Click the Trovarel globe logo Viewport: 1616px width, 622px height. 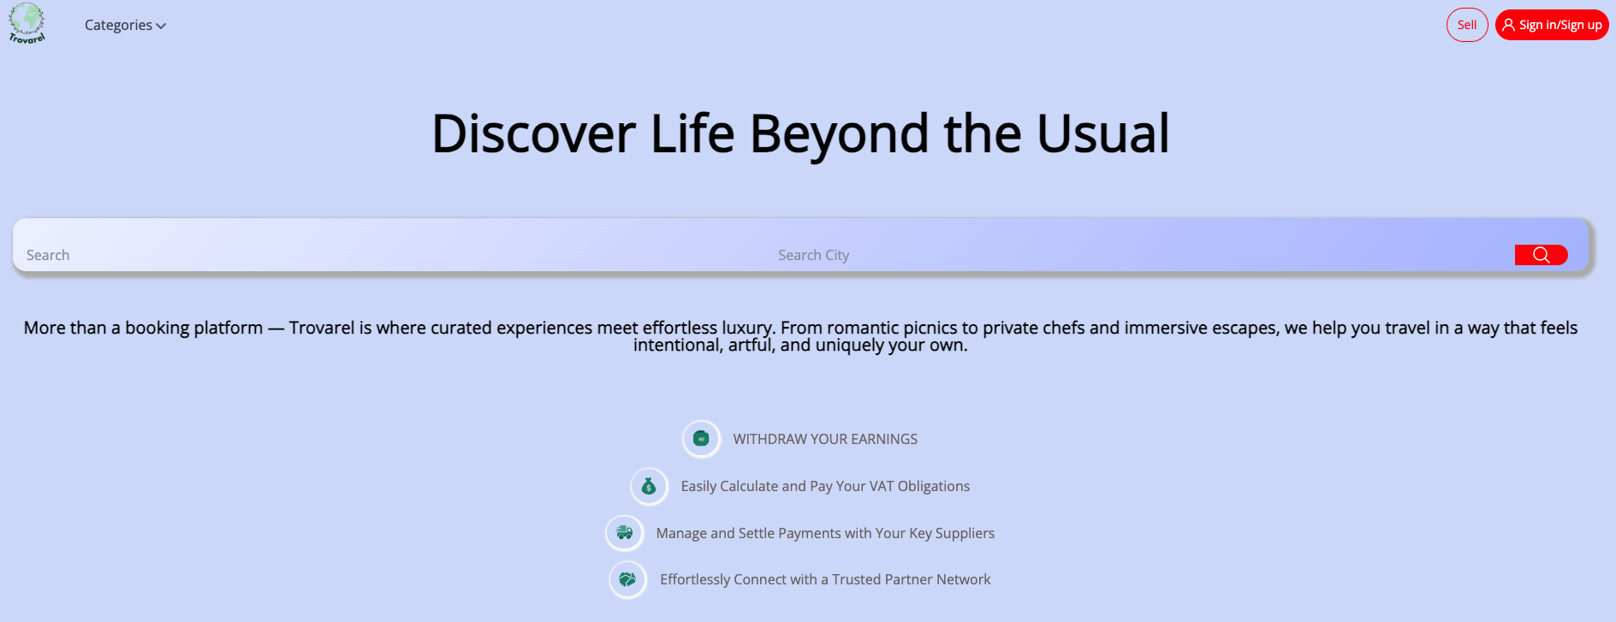click(x=27, y=23)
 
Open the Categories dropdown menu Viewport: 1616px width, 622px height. click(x=125, y=26)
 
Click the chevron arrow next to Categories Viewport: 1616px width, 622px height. click(x=161, y=27)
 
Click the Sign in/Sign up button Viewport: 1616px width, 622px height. click(x=1552, y=25)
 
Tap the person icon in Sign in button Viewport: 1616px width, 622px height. click(x=1508, y=25)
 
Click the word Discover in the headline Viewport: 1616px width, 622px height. click(x=533, y=134)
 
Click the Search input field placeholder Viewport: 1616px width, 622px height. click(x=48, y=255)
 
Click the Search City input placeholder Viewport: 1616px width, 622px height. click(x=813, y=255)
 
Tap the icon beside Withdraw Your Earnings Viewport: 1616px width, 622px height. click(x=701, y=439)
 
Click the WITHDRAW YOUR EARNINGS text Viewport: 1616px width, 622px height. click(x=825, y=439)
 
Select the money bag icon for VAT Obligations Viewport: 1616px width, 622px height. click(x=649, y=486)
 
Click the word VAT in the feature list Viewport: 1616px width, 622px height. click(x=882, y=486)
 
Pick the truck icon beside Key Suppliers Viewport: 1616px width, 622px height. click(x=624, y=533)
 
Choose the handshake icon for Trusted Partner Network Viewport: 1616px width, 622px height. click(x=627, y=579)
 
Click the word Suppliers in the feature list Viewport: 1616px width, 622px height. click(x=965, y=534)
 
